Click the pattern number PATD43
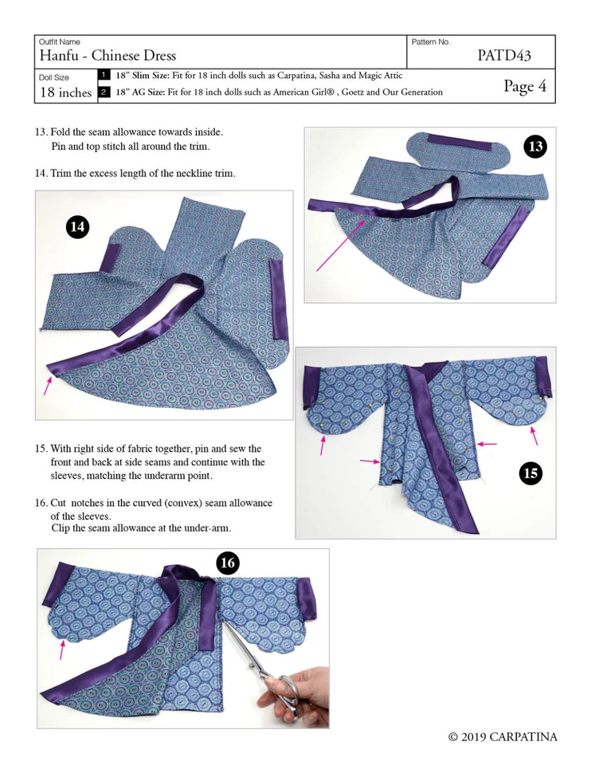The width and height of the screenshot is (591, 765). click(x=503, y=56)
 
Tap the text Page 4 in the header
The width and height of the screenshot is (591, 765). click(x=525, y=87)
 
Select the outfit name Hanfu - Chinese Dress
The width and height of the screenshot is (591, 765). click(x=108, y=56)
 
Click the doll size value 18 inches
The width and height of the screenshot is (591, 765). click(x=65, y=92)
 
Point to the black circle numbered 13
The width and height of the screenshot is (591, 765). click(x=535, y=147)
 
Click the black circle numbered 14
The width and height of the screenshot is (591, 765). click(x=77, y=227)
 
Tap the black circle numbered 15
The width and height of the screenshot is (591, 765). click(x=530, y=473)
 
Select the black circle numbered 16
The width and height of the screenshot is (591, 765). click(x=228, y=563)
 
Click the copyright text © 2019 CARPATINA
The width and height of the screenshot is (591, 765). click(x=502, y=737)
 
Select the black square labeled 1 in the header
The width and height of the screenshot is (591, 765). click(x=104, y=76)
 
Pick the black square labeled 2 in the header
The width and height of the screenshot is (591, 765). click(x=104, y=92)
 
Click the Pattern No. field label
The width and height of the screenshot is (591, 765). click(x=431, y=41)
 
